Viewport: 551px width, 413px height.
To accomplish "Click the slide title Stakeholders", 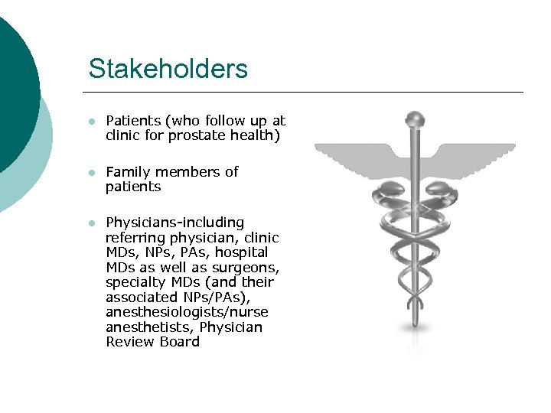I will [168, 69].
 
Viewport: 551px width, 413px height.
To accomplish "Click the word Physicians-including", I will [174, 223].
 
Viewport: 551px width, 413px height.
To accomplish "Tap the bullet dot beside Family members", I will [91, 173].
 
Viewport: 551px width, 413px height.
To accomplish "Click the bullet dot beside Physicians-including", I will [91, 223].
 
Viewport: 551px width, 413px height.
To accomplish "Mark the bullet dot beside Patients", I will [91, 122].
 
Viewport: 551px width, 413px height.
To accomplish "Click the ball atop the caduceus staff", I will [415, 120].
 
